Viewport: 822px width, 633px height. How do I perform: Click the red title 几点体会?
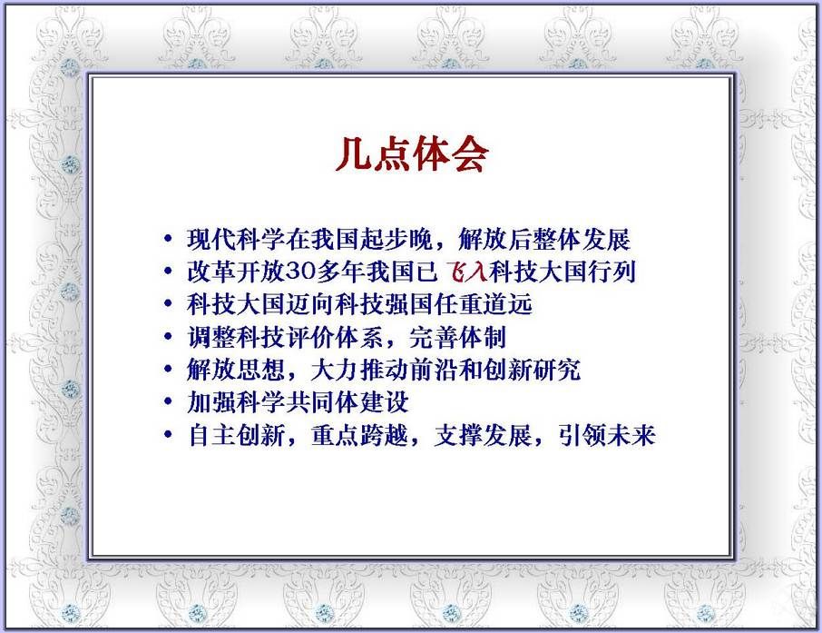(x=412, y=153)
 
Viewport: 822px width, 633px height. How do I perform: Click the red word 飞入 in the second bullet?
(x=466, y=272)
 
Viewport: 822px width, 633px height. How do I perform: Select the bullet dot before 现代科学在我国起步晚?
(x=168, y=239)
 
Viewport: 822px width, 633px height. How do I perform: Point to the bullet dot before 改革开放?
(x=168, y=272)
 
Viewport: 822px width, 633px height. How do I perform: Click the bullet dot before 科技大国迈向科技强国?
(x=168, y=304)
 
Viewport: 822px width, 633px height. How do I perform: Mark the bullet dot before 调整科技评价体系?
(x=168, y=336)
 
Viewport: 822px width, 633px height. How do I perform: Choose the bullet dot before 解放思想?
(x=168, y=369)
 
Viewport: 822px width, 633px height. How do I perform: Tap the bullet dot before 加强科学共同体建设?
(x=168, y=401)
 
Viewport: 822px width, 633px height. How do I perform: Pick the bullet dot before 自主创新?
(x=168, y=434)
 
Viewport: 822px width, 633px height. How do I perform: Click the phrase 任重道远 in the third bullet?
(x=484, y=304)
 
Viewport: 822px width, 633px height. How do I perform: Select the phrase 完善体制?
(x=458, y=337)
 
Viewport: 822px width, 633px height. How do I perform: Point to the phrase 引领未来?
(x=607, y=435)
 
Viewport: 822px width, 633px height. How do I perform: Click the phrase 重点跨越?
(x=359, y=435)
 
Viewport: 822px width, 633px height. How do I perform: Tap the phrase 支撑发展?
(x=484, y=435)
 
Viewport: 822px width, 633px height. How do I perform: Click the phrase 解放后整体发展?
(x=544, y=240)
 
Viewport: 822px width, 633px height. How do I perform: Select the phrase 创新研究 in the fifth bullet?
(x=532, y=370)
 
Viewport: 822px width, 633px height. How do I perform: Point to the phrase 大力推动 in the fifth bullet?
(x=359, y=370)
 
